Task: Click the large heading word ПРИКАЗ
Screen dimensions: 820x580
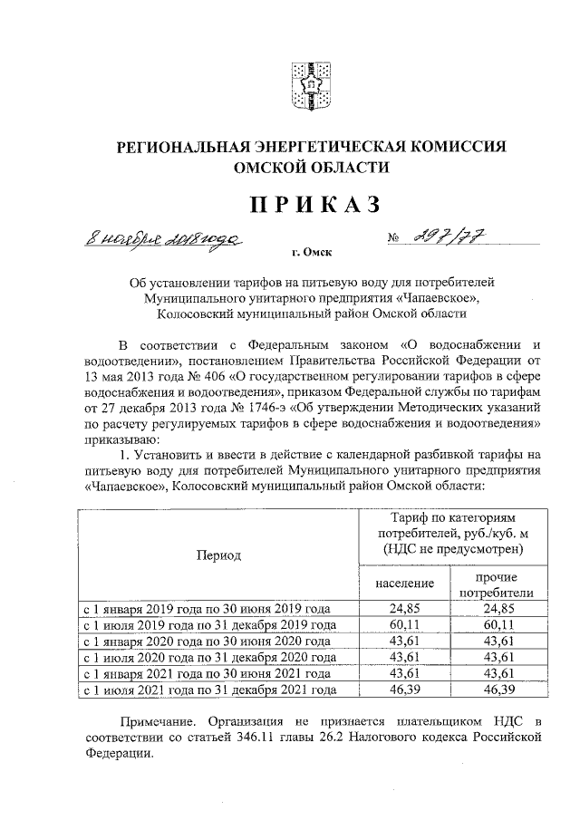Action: pos(307,207)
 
